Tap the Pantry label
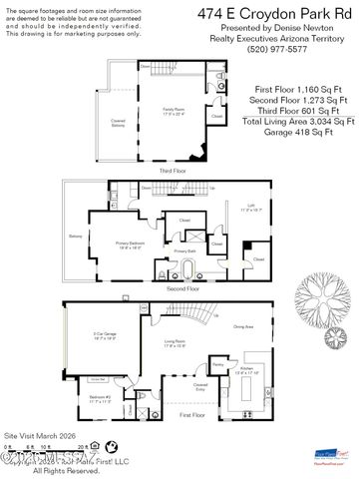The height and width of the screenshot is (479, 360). [215, 365]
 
